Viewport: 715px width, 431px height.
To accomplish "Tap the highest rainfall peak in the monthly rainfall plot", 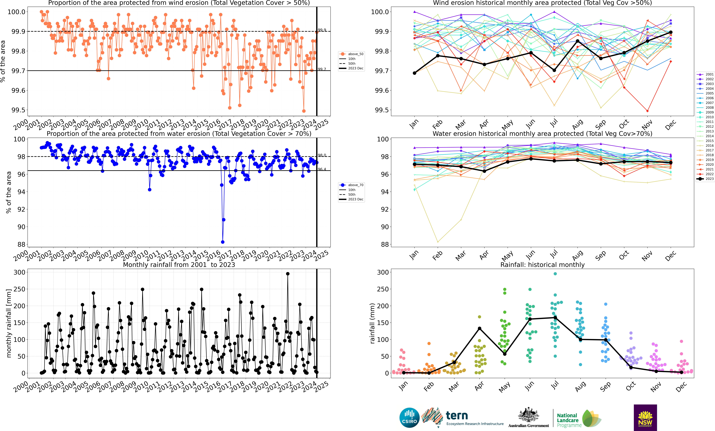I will click(288, 274).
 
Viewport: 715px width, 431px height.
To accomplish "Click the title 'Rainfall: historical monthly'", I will click(542, 265).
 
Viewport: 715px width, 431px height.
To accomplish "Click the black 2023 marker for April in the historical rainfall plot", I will click(479, 328).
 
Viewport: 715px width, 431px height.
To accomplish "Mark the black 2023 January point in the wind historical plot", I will click(414, 73).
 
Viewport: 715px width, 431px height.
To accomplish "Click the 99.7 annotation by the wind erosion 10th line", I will click(322, 69).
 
